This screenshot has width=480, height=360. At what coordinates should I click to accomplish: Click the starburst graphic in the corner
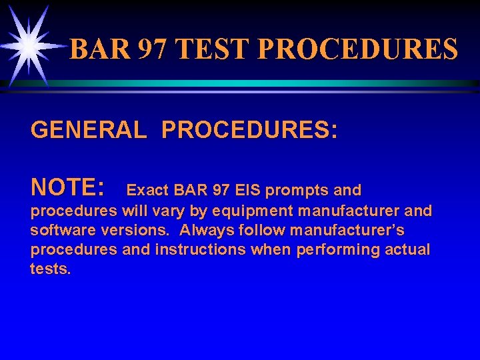29,45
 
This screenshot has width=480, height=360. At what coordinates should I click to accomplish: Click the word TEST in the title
215,50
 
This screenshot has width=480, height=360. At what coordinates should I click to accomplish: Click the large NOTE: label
67,189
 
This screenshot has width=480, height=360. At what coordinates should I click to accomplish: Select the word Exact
147,191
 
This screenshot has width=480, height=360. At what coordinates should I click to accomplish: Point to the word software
58,231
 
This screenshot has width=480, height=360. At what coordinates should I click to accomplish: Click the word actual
409,249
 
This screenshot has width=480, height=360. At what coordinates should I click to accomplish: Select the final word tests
50,269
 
